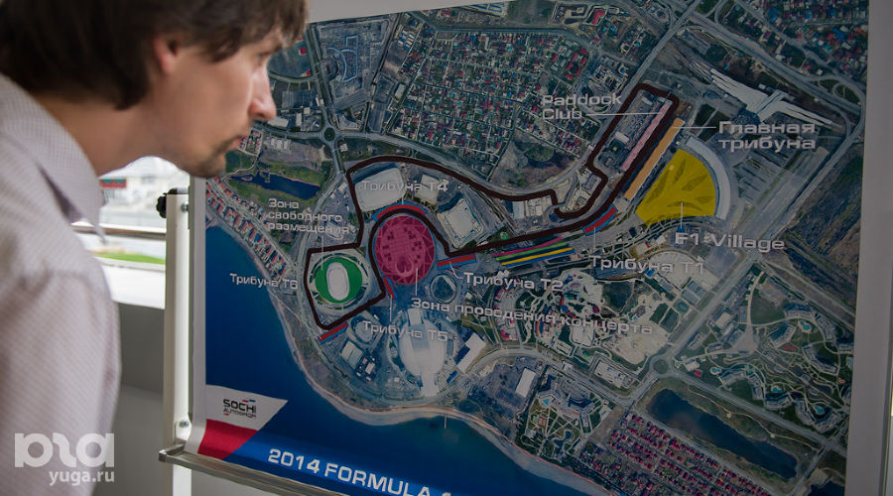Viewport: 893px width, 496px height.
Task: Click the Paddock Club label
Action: (x=581, y=106)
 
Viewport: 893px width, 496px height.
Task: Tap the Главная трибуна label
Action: (x=766, y=135)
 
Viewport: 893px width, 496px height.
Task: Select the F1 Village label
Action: (x=729, y=241)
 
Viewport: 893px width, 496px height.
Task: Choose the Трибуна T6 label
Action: (x=263, y=280)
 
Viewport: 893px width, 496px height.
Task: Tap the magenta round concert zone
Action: (x=404, y=248)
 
